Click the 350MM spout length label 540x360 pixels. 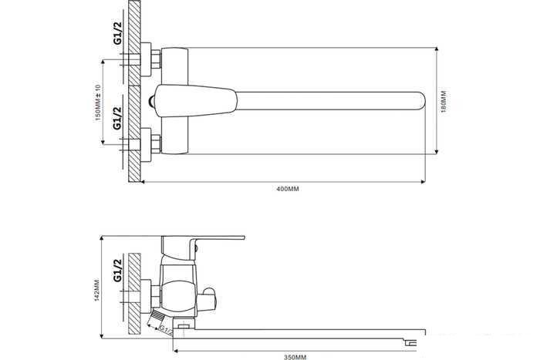pos(295,356)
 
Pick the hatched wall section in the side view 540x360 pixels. pos(134,293)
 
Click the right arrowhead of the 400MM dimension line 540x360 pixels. pos(422,182)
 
